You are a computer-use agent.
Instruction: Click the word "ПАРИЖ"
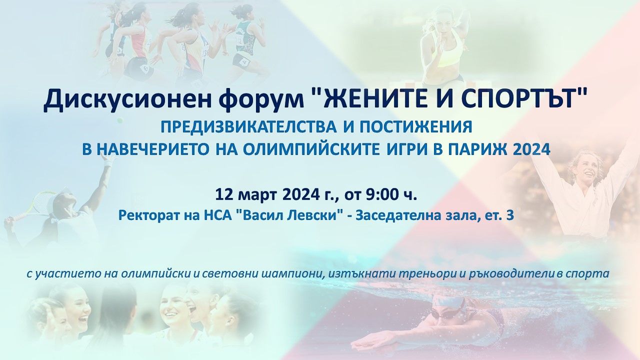(475, 149)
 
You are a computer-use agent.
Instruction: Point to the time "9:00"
(382, 194)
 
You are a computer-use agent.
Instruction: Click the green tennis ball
(120, 120)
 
